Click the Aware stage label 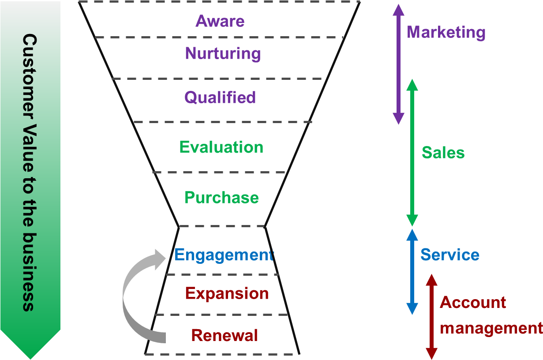point(220,21)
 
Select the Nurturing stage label point(223,54)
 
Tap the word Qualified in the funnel point(220,97)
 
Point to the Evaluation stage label point(221,147)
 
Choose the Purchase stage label point(221,198)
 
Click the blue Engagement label point(224,255)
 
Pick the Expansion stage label point(227,293)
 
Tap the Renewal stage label point(225,336)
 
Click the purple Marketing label point(446,32)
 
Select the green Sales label point(443,153)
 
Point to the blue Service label point(449,255)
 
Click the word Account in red point(473,303)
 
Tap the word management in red point(491,329)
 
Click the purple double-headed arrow point(398,64)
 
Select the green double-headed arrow point(412,152)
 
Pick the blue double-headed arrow point(412,271)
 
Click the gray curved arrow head point(158,259)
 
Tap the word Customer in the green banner point(30,73)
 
